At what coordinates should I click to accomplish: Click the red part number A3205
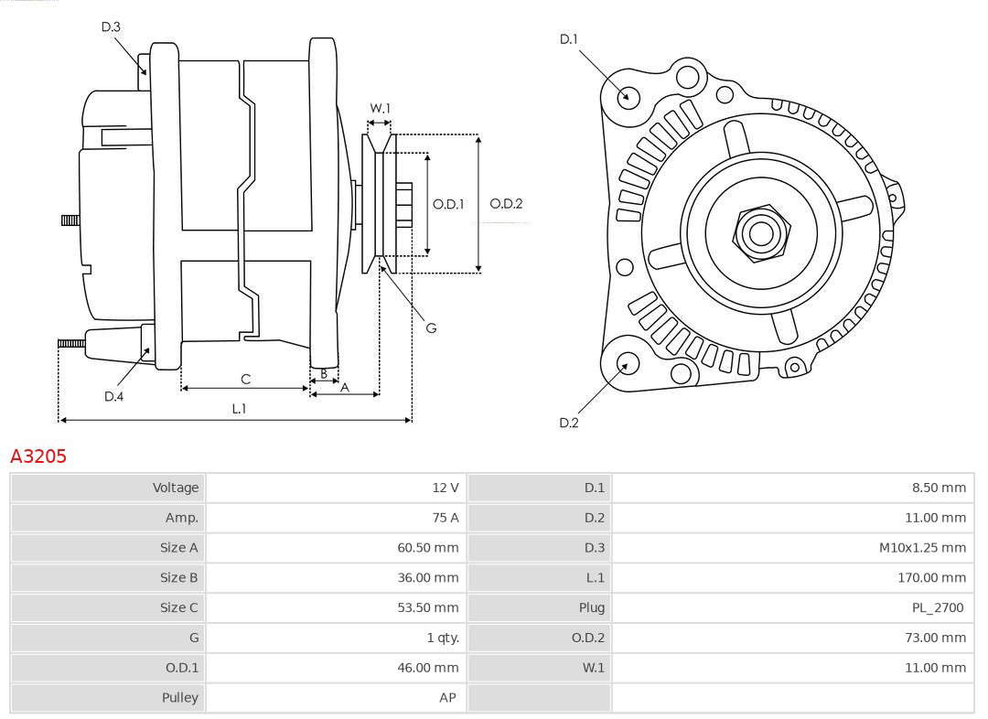(38, 456)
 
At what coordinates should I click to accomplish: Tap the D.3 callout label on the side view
(111, 27)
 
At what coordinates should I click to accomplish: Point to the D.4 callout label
(113, 396)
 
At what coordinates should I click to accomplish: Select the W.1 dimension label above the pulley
(380, 108)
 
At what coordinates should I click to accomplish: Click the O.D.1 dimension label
(448, 204)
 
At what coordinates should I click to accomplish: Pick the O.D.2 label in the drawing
(506, 204)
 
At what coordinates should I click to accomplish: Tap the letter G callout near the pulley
(431, 327)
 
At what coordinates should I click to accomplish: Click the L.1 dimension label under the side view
(239, 408)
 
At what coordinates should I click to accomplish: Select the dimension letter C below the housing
(246, 379)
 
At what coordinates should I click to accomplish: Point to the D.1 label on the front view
(568, 39)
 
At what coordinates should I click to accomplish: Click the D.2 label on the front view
(568, 423)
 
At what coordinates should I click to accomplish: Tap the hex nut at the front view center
(761, 232)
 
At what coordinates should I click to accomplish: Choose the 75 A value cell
(446, 518)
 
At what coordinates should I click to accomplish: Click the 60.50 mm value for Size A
(428, 548)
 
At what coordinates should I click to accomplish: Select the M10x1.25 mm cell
(922, 548)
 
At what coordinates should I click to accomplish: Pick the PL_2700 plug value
(939, 607)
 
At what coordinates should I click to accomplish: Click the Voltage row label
(175, 487)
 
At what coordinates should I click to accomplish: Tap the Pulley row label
(179, 698)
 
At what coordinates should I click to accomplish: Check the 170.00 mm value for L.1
(932, 577)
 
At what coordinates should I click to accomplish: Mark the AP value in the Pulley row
(447, 698)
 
